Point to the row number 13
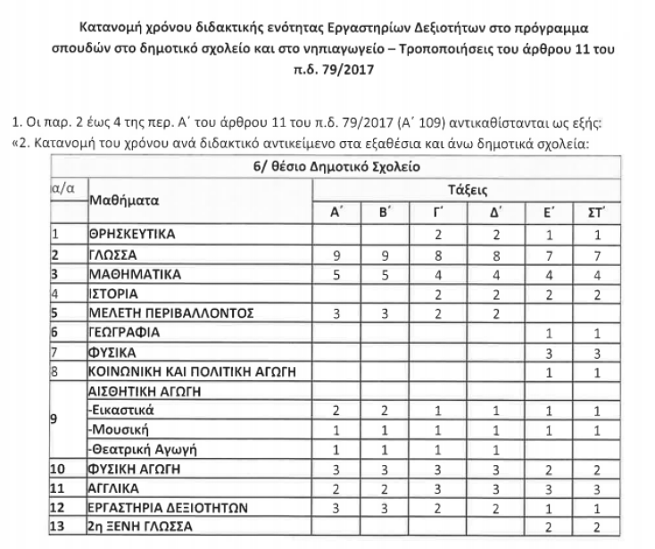[61, 526]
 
